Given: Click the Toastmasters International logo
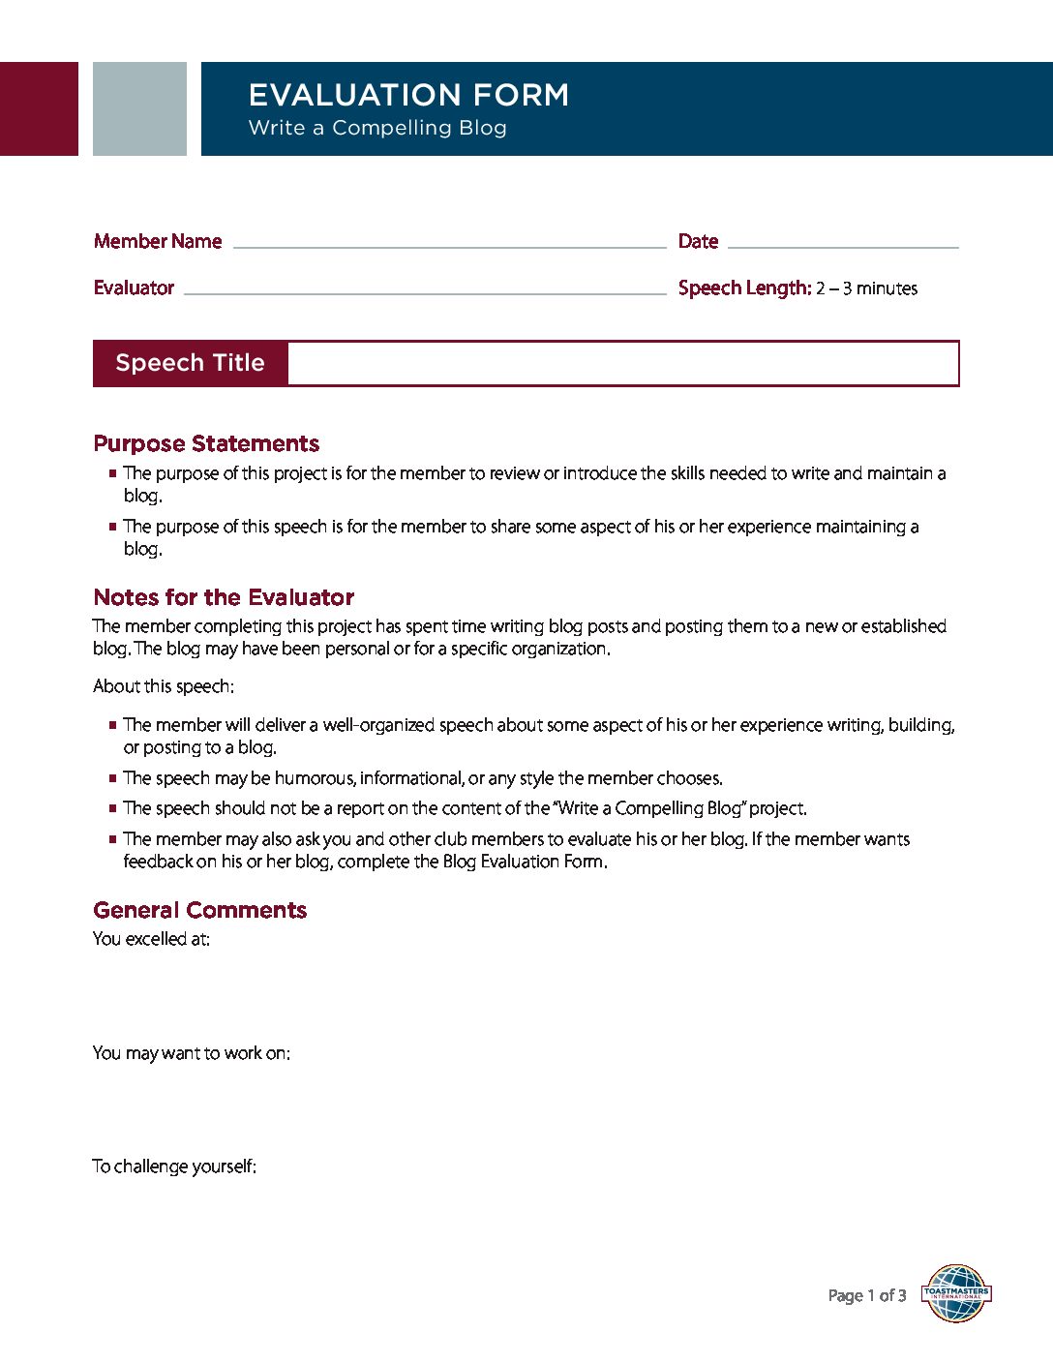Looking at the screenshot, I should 956,1293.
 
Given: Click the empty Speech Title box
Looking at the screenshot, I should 622,363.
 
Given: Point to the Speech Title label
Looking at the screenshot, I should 190,363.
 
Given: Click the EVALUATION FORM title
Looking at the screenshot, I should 408,95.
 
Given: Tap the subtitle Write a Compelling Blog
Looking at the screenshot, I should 377,128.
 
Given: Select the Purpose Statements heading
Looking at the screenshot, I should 206,443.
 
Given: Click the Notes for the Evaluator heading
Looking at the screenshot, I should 224,597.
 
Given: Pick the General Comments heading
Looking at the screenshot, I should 199,910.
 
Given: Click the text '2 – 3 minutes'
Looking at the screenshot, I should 866,288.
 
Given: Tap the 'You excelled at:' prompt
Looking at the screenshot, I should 151,939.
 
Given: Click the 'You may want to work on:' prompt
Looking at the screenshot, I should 192,1053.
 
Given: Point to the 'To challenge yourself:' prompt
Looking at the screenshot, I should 174,1166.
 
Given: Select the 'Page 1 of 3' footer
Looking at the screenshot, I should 867,1295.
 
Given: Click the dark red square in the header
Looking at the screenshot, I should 39,108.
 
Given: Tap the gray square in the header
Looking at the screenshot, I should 139,108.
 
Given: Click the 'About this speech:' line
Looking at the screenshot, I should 164,686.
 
